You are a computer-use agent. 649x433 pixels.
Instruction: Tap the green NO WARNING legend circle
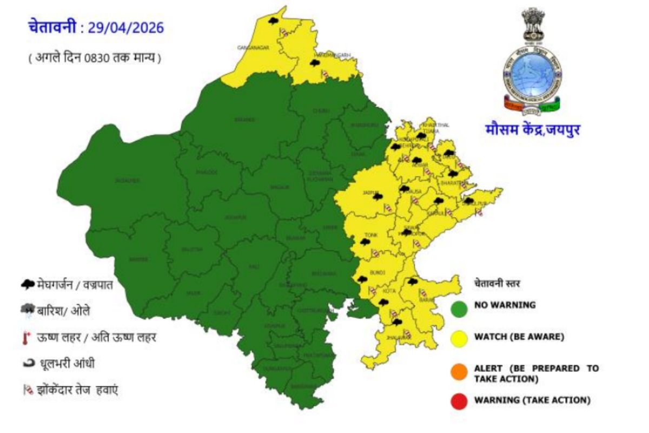click(459, 308)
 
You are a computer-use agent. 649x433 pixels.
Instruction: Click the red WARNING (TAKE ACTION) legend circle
click(459, 401)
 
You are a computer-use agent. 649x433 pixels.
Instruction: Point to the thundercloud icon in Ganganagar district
click(274, 21)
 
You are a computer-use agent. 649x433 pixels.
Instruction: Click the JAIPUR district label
click(369, 192)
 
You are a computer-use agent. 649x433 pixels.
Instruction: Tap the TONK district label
click(371, 235)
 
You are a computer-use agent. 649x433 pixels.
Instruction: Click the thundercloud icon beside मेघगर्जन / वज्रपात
click(28, 284)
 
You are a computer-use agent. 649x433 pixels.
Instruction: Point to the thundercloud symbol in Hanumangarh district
click(314, 63)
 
